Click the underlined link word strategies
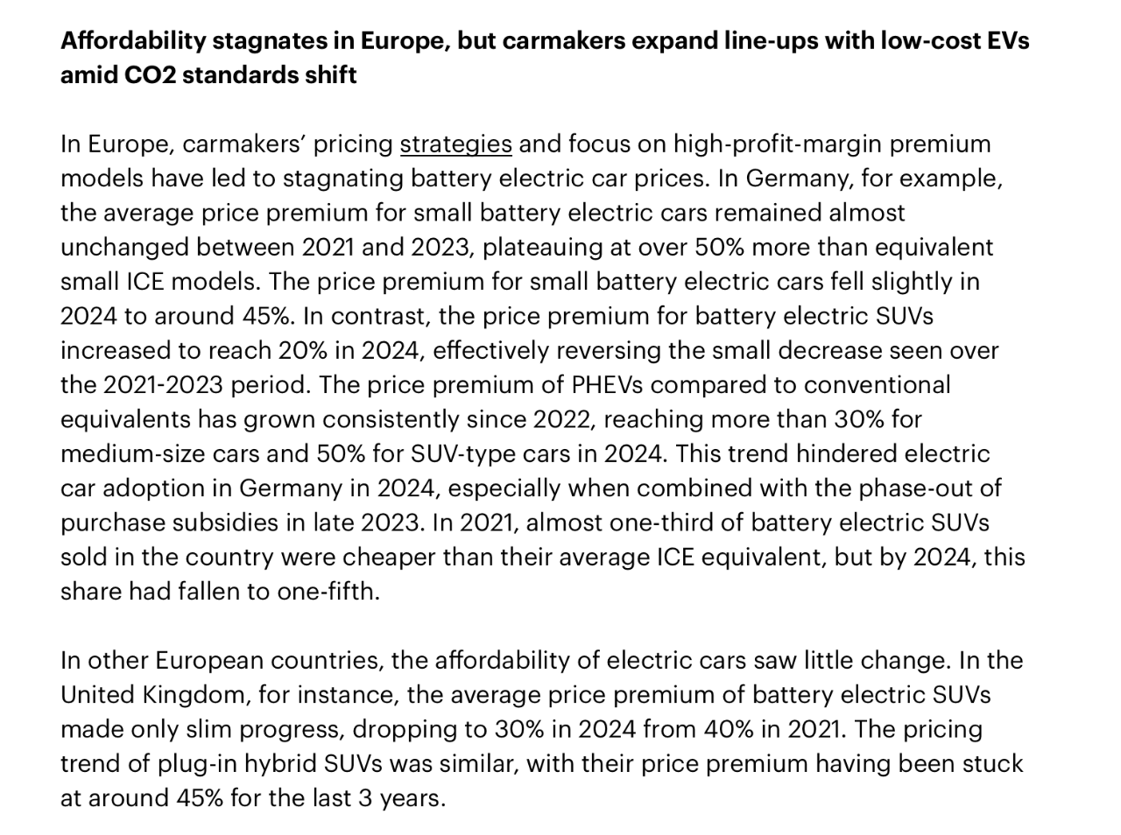[455, 144]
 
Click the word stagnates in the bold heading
[265, 40]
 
